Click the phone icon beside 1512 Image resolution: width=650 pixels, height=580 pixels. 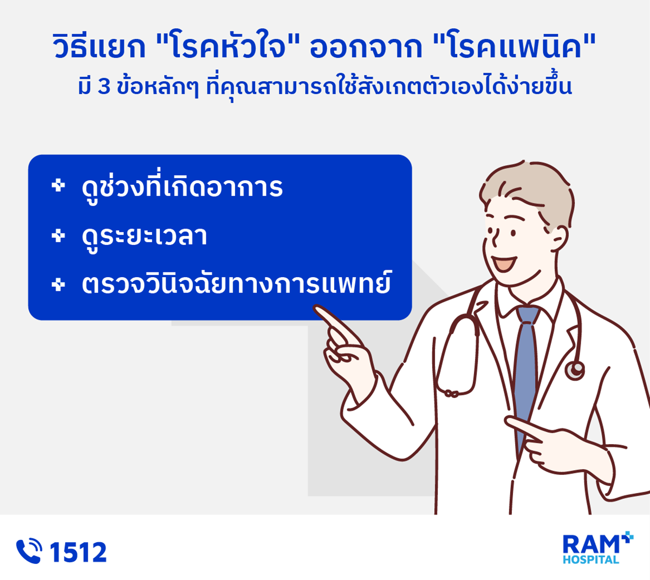point(29,551)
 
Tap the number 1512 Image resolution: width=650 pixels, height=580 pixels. point(78,552)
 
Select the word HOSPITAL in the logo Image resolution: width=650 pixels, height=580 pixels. point(591,560)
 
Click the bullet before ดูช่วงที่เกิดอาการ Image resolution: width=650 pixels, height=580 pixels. point(58,186)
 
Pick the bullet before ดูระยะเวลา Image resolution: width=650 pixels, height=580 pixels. point(58,236)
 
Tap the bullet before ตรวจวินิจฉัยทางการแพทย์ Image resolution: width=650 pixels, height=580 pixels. point(58,284)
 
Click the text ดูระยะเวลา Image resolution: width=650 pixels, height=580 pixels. point(145,238)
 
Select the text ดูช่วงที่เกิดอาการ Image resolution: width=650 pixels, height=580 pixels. point(182,186)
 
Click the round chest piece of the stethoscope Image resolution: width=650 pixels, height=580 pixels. point(575,370)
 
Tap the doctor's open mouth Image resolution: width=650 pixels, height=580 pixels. point(504,263)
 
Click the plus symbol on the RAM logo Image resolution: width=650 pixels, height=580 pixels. point(627,538)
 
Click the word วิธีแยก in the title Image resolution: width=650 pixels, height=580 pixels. point(99,47)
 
